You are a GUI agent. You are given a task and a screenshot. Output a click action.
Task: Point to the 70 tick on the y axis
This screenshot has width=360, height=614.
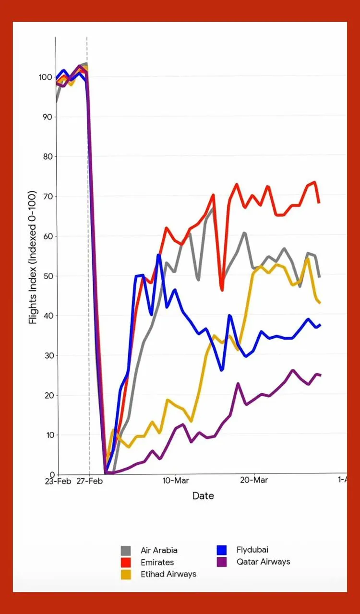[47, 196]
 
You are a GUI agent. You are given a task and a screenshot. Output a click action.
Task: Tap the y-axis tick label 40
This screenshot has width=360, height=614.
[47, 316]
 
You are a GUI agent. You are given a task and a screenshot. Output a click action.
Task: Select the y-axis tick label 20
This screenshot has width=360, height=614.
[47, 395]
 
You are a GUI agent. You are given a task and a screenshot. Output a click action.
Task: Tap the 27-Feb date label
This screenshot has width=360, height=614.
[90, 481]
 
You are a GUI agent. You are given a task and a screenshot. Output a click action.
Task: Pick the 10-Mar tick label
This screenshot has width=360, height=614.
[176, 481]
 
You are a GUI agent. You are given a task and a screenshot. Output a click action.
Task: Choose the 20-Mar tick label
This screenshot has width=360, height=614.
[254, 481]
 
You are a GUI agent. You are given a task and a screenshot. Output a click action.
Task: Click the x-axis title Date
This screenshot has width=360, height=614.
[203, 496]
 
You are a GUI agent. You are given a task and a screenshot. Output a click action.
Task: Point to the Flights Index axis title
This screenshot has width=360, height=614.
[33, 258]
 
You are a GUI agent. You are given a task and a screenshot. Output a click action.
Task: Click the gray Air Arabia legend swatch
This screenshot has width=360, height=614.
[126, 550]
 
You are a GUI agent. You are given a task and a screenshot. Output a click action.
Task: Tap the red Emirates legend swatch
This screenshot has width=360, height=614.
[126, 562]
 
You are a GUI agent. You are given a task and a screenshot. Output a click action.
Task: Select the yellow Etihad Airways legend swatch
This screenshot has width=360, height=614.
[126, 574]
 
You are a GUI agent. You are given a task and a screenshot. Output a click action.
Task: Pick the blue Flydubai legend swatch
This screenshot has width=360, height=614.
[222, 550]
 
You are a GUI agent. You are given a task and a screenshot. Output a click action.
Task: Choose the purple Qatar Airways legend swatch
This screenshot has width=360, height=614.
[222, 562]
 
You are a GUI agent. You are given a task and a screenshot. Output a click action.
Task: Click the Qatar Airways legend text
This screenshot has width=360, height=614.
[264, 562]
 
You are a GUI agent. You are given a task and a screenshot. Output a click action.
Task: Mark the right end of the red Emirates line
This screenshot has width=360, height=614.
[319, 202]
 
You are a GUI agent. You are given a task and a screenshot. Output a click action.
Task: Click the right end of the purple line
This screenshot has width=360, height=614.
[320, 375]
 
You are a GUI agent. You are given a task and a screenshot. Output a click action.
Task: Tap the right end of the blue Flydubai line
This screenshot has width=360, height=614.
[320, 325]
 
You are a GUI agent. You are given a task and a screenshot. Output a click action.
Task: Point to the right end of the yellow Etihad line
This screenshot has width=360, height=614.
[320, 303]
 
